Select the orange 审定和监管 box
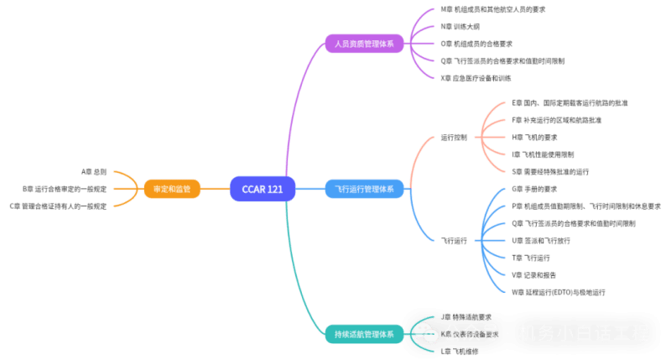172,189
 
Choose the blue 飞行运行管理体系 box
364,189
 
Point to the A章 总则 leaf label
94,171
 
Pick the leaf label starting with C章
59,206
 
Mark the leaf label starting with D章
570,102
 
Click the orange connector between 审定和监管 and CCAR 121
215,189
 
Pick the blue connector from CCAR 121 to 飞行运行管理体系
310,189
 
